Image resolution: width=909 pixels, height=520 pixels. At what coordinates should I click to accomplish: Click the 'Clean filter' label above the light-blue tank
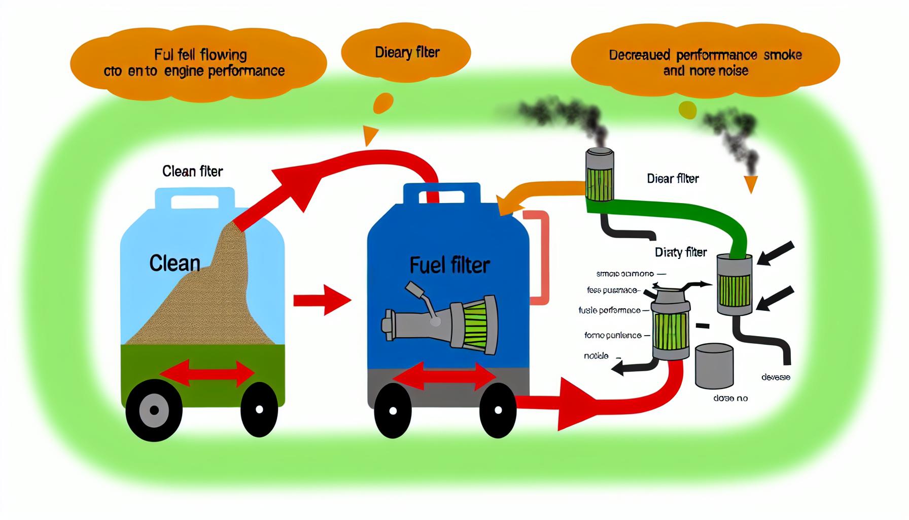pyautogui.click(x=192, y=172)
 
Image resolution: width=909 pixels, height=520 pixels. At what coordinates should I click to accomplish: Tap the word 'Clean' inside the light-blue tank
pyautogui.click(x=174, y=263)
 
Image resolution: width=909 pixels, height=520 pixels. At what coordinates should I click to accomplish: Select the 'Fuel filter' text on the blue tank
pyautogui.click(x=449, y=265)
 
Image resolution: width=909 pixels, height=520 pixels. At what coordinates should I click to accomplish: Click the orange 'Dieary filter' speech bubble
pyautogui.click(x=406, y=53)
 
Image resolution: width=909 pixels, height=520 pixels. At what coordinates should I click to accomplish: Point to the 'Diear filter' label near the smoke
pyautogui.click(x=673, y=179)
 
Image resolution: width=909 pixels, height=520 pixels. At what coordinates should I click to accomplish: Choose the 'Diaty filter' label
pyautogui.click(x=681, y=252)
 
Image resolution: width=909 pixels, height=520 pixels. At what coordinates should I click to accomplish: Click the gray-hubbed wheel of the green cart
pyautogui.click(x=154, y=410)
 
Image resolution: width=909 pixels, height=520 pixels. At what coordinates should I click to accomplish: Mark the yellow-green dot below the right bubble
pyautogui.click(x=687, y=110)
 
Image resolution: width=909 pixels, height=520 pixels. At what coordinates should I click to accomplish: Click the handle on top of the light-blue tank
pyautogui.click(x=195, y=199)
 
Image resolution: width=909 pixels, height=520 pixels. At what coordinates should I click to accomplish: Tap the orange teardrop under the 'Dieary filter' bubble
pyautogui.click(x=382, y=104)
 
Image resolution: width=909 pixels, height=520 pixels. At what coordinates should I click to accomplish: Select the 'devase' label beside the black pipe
pyautogui.click(x=776, y=377)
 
